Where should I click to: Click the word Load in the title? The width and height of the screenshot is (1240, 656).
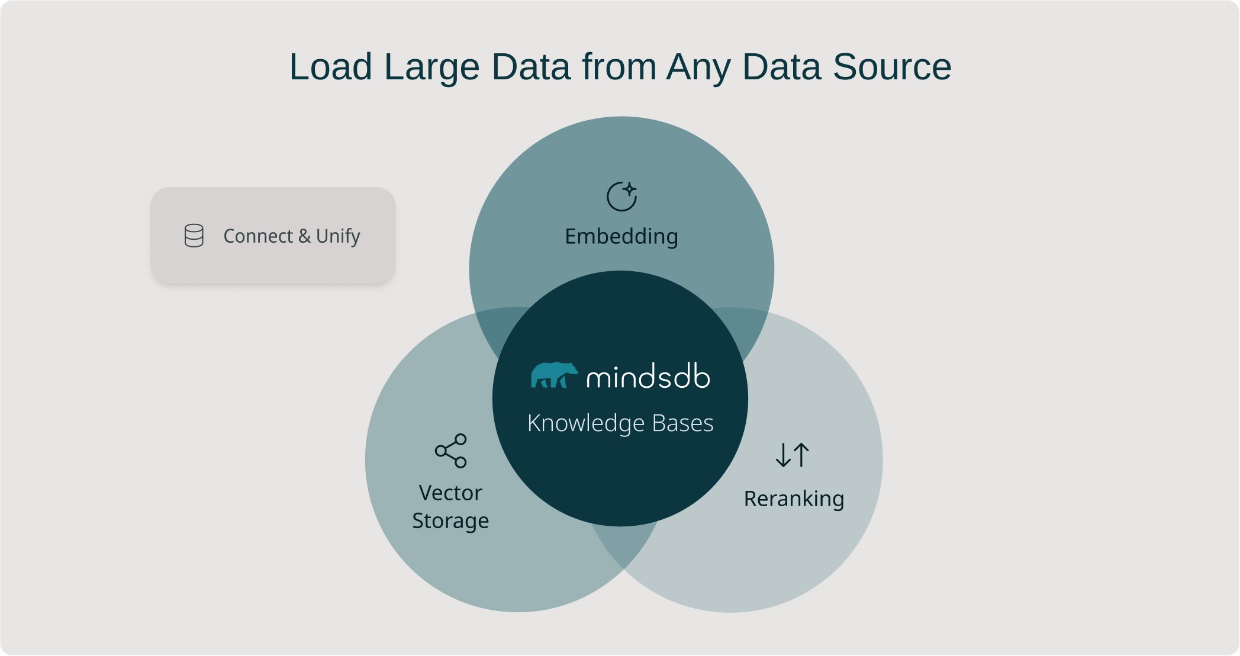[331, 66]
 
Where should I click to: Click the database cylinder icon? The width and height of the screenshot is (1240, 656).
[194, 236]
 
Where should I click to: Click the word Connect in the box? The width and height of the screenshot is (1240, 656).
[258, 236]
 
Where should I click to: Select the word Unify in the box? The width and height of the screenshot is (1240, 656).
[338, 237]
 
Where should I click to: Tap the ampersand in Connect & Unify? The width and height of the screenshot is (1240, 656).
[304, 236]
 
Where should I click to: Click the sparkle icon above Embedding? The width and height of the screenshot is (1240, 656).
[622, 197]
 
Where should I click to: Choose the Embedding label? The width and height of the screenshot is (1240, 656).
[621, 237]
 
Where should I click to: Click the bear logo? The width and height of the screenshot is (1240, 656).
[554, 375]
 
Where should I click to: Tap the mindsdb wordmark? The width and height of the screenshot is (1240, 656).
[648, 377]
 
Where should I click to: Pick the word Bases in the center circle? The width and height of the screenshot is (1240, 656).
[683, 423]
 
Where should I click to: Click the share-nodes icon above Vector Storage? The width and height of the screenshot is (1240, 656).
[451, 451]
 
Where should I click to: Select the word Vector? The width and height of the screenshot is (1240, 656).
[450, 493]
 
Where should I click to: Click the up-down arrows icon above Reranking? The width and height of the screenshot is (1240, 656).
[793, 455]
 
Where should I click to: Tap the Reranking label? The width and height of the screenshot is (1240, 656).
[794, 499]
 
